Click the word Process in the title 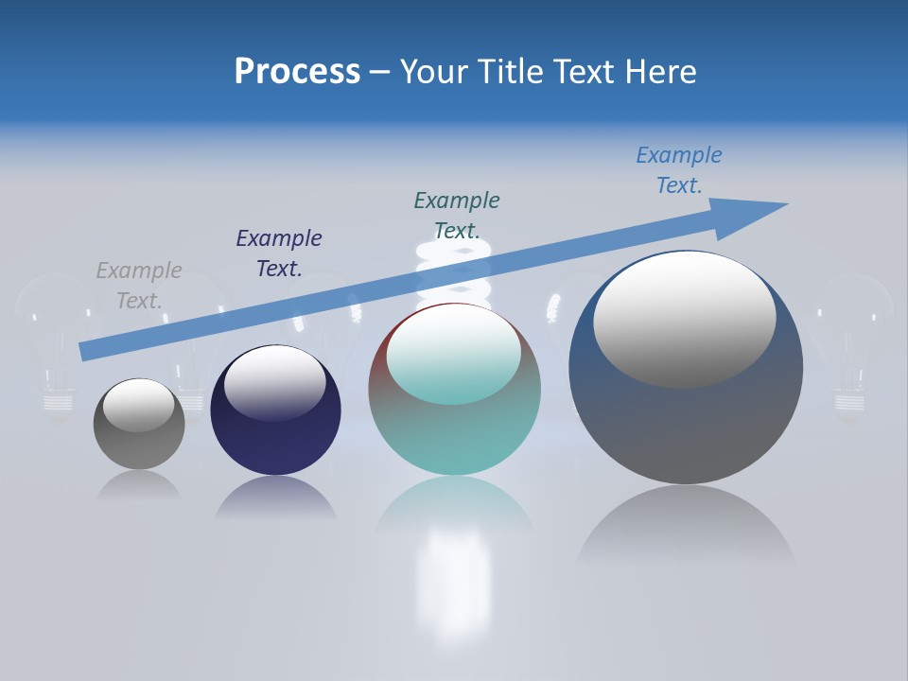297,72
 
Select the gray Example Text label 139,286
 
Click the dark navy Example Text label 279,253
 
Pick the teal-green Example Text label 457,216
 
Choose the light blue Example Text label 679,170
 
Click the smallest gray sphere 139,445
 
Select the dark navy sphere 275,435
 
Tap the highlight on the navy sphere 275,381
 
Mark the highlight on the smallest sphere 139,405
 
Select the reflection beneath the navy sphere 275,498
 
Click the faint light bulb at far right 854,340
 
